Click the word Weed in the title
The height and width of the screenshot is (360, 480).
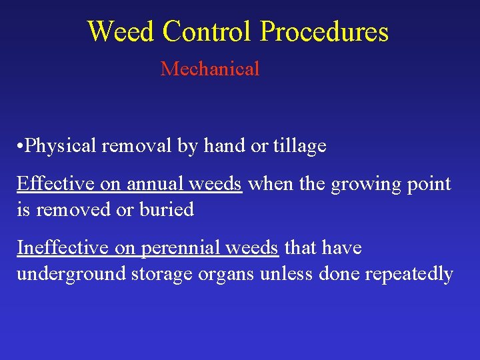(x=121, y=31)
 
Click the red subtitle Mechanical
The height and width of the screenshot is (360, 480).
(x=209, y=69)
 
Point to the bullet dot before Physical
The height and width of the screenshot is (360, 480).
(x=21, y=146)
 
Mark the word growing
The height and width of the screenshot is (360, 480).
(x=365, y=183)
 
